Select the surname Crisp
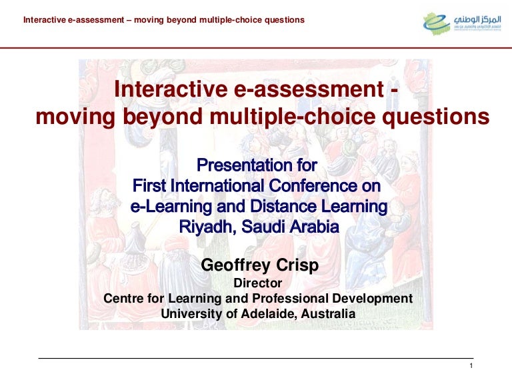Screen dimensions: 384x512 point(296,265)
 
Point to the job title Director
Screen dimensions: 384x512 point(258,283)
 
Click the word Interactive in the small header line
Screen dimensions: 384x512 point(44,20)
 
